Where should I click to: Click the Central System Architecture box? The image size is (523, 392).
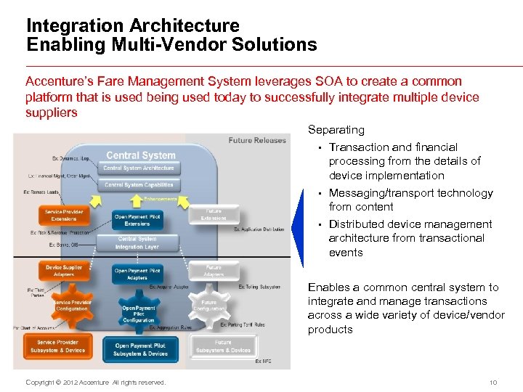[x=139, y=168]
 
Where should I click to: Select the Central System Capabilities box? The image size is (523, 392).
[x=139, y=185]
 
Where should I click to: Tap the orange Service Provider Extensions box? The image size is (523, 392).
[x=64, y=216]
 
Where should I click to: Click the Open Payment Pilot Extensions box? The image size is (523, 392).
[x=138, y=220]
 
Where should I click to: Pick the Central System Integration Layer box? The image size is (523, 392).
[x=137, y=242]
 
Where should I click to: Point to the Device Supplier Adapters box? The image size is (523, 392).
[x=64, y=271]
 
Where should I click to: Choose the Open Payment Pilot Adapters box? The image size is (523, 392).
[x=138, y=274]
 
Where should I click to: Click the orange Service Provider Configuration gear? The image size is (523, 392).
[x=72, y=306]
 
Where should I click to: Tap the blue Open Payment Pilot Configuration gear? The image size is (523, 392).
[x=139, y=313]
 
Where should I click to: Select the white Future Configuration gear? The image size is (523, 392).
[x=208, y=306]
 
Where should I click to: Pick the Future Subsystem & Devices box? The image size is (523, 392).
[x=223, y=346]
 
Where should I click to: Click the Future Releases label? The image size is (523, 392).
[x=257, y=141]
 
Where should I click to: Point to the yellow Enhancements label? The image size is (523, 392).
[x=160, y=199]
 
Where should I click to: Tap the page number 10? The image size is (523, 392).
[x=492, y=383]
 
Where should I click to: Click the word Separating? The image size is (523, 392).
[x=336, y=130]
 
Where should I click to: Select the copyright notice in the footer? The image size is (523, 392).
[x=95, y=383]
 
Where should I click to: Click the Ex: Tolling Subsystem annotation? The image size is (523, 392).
[x=259, y=287]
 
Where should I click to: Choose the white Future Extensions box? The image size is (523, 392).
[x=214, y=214]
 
